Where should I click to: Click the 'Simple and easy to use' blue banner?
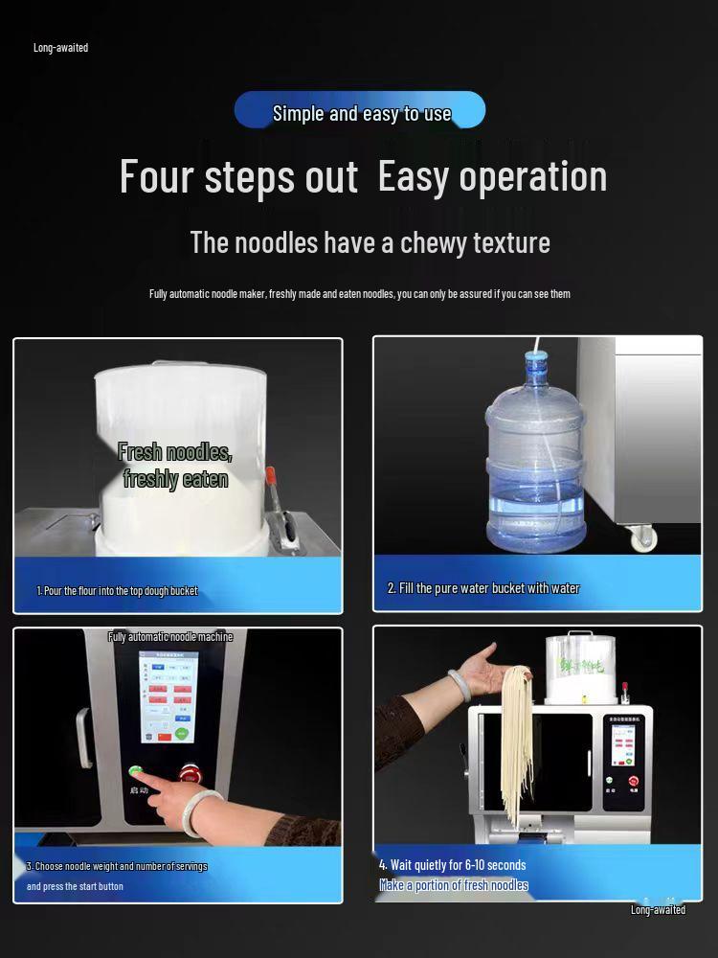360,111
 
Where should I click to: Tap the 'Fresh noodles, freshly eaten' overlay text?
175,466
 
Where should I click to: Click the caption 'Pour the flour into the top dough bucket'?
118,591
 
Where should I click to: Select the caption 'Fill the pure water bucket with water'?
483,588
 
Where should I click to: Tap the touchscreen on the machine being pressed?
168,696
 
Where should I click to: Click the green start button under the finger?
137,771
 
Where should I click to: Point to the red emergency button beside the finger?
190,772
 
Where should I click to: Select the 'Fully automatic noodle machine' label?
170,637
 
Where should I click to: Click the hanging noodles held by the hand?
515,738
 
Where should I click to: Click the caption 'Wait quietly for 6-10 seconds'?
452,865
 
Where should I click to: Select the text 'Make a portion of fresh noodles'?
454,885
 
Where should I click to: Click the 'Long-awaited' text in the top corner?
60,48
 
